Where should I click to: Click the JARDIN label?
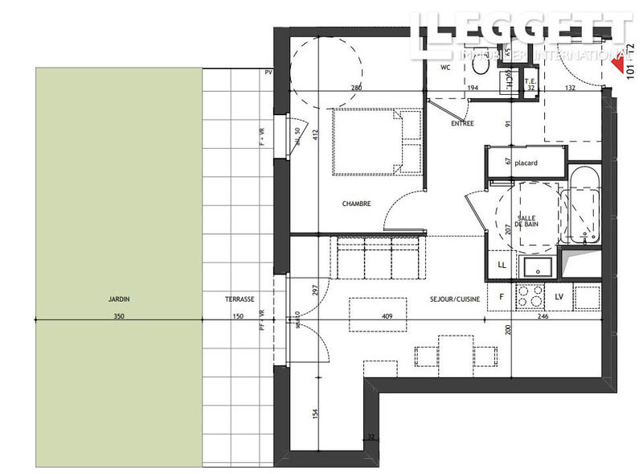coord(119,299)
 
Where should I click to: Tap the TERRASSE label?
coord(240,299)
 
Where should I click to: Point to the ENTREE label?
coord(462,124)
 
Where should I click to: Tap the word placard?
coord(526,163)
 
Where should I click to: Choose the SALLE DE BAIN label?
coord(528,222)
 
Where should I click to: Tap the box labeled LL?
coord(502,264)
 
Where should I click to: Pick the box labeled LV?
coord(559,298)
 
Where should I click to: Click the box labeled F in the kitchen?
coord(502,298)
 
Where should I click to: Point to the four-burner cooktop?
coord(531,298)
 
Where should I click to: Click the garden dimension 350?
coord(119,316)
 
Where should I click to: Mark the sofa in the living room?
coord(376,255)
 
